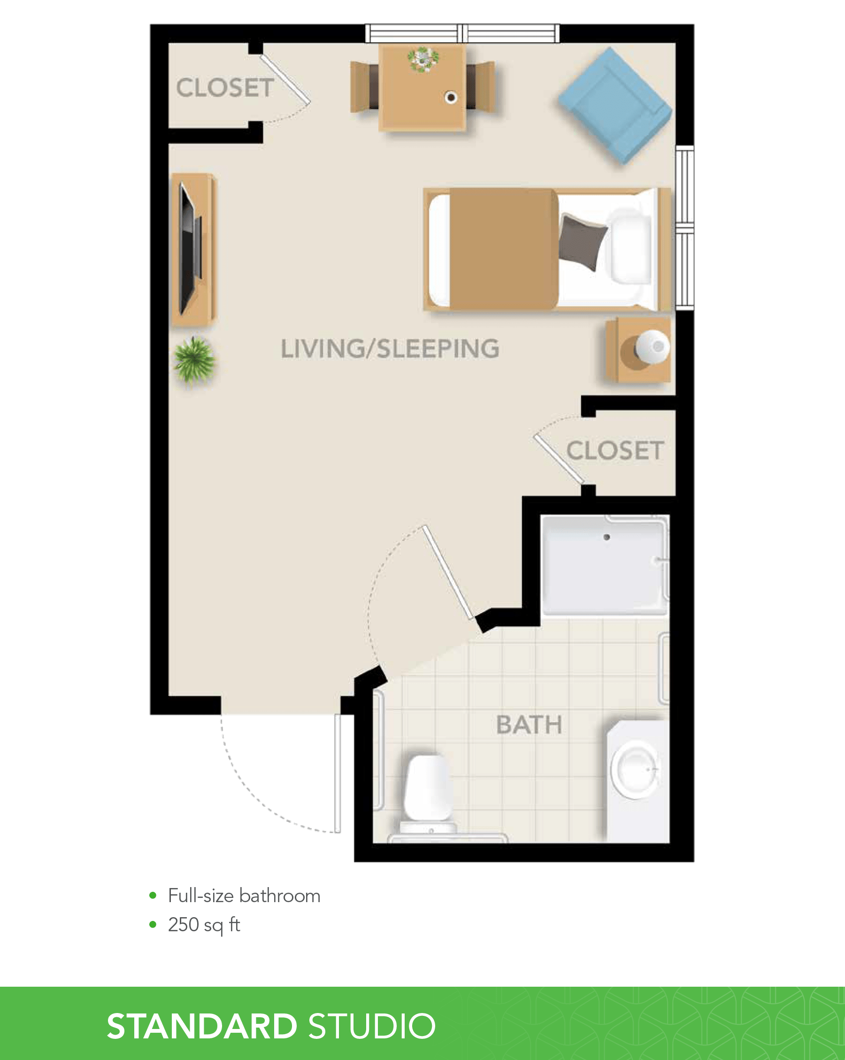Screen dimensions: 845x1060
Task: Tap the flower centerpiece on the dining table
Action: pyautogui.click(x=423, y=60)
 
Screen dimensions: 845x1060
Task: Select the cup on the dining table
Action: pyautogui.click(x=451, y=97)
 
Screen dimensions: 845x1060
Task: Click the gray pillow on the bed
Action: pyautogui.click(x=583, y=242)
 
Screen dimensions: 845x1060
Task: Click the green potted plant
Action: pyautogui.click(x=194, y=360)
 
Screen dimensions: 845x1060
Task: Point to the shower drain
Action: pyautogui.click(x=607, y=537)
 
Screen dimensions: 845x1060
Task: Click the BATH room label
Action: pyautogui.click(x=529, y=725)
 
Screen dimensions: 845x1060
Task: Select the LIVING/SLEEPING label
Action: pyautogui.click(x=390, y=349)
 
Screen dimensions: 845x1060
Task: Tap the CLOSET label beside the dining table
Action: pyautogui.click(x=225, y=88)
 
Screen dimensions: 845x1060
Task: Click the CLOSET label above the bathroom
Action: pyautogui.click(x=615, y=450)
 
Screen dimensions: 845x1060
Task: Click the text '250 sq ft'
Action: pyautogui.click(x=204, y=925)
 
